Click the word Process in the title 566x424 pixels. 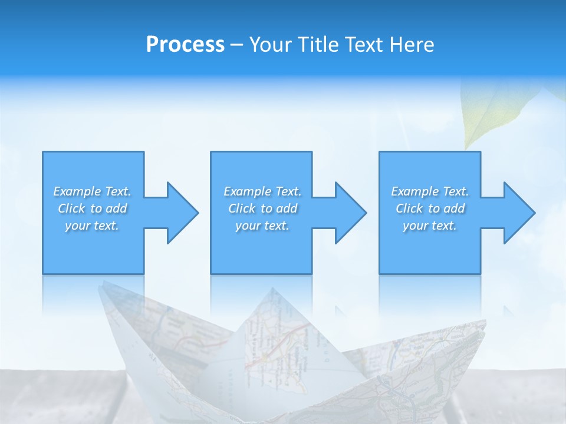pyautogui.click(x=185, y=45)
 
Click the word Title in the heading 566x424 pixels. pyautogui.click(x=320, y=45)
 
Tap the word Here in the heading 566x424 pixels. pyautogui.click(x=413, y=45)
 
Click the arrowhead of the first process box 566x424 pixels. pyautogui.click(x=182, y=213)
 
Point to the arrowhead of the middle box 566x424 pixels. pyautogui.click(x=351, y=213)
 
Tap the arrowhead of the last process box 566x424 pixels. pyautogui.click(x=519, y=213)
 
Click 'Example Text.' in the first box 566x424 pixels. pyautogui.click(x=92, y=191)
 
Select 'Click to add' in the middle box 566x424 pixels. pyautogui.click(x=262, y=208)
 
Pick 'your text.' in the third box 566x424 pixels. pyautogui.click(x=430, y=226)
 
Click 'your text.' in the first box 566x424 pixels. pyautogui.click(x=92, y=226)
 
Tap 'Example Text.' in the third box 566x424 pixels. pyautogui.click(x=430, y=191)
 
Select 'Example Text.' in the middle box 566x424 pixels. pyautogui.click(x=262, y=191)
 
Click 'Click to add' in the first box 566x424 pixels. pyautogui.click(x=92, y=208)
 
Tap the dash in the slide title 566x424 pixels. pyautogui.click(x=236, y=45)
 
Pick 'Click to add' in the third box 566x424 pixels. pyautogui.click(x=430, y=208)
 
